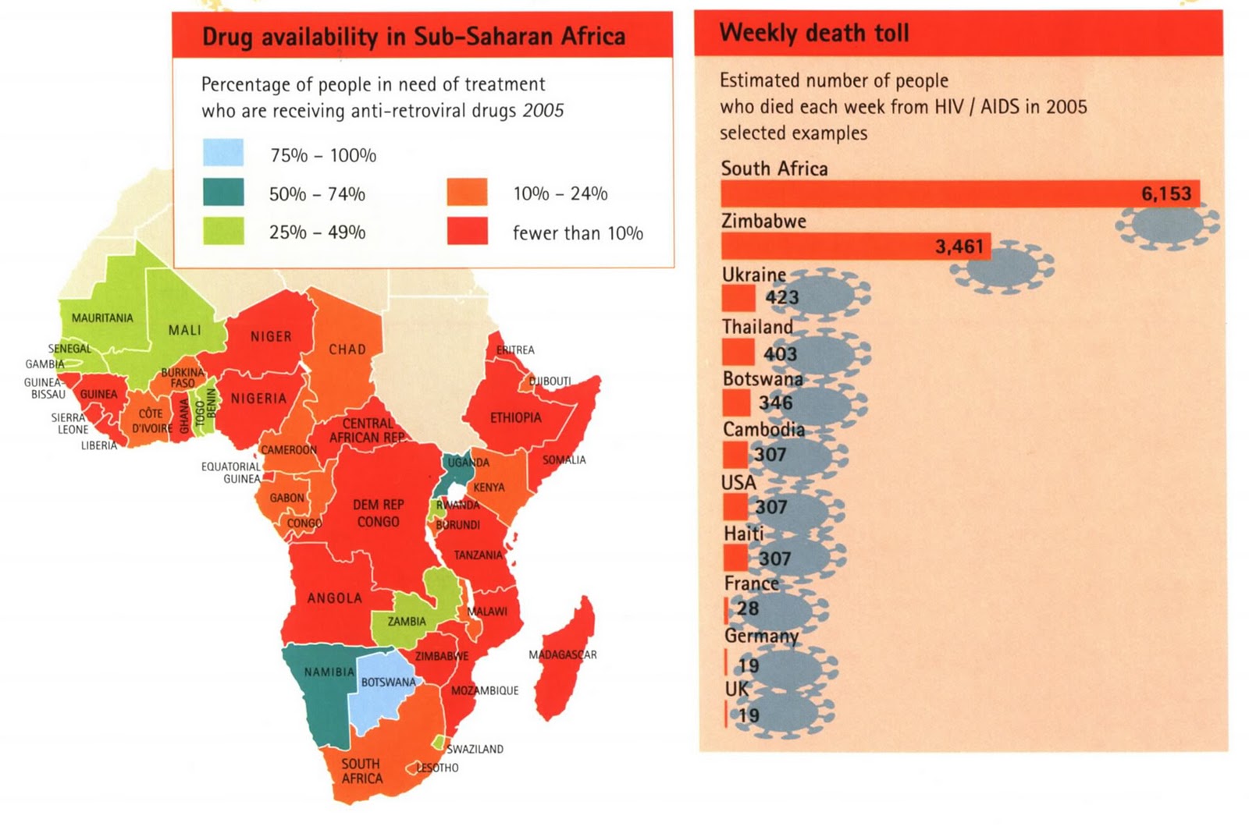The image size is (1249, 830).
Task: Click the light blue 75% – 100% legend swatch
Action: [x=223, y=153]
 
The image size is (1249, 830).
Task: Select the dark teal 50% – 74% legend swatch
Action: [x=223, y=192]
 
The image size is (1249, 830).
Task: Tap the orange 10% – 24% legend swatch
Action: [x=467, y=192]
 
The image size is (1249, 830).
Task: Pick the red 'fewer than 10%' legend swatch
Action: [x=467, y=232]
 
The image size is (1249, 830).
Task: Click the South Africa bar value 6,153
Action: [x=1166, y=193]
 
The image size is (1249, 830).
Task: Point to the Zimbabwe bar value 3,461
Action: [x=959, y=247]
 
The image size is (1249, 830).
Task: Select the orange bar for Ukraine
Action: [x=738, y=297]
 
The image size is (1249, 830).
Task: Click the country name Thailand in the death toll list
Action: [x=757, y=326]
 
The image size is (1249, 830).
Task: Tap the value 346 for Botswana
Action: [x=775, y=403]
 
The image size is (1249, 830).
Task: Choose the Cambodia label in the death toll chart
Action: [x=763, y=429]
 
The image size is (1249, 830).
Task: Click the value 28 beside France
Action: [x=748, y=608]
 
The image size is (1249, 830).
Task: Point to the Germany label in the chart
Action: [x=761, y=636]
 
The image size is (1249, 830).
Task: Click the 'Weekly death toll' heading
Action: [x=814, y=33]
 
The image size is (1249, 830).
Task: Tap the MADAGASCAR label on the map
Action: [x=562, y=654]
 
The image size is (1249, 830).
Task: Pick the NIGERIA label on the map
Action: [x=258, y=398]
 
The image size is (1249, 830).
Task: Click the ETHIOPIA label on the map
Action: [x=515, y=417]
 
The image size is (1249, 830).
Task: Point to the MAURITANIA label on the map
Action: [x=102, y=317]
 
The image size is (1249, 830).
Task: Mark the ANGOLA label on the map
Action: [x=334, y=598]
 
